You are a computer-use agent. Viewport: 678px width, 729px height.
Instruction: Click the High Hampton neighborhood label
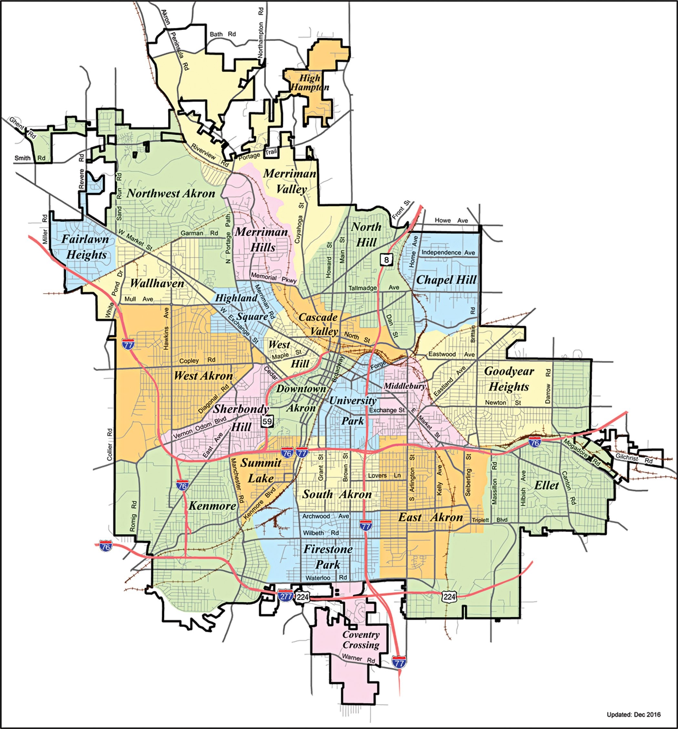pos(310,83)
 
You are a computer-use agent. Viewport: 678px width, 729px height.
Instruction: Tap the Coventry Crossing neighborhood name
pos(361,640)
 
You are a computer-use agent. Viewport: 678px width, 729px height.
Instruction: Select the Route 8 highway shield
pos(386,260)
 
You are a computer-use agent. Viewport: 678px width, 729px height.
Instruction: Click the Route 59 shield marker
pos(267,421)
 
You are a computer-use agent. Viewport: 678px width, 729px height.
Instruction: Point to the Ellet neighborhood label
pos(546,486)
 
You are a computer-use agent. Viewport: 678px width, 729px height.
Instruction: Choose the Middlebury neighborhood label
pos(405,386)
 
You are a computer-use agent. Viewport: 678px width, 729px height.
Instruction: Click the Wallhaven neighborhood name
pos(157,283)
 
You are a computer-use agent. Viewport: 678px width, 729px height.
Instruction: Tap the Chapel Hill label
pos(446,280)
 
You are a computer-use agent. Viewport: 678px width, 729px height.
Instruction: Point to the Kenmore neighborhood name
pos(212,506)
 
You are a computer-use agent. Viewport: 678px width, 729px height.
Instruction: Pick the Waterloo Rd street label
pos(326,578)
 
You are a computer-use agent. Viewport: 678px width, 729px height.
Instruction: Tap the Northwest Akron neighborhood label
pos(171,194)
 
